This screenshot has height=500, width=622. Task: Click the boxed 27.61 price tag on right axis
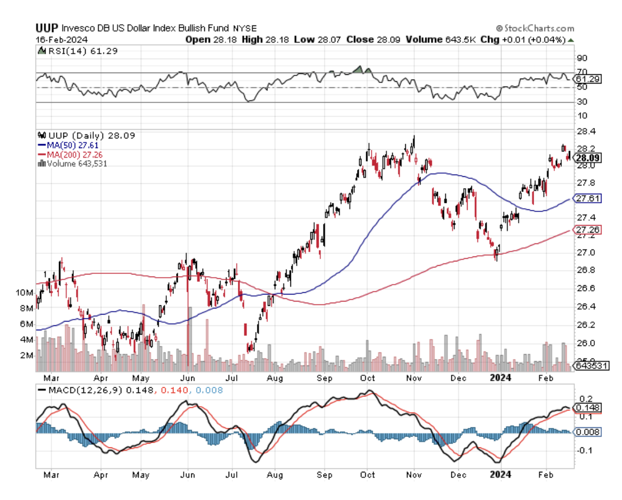coord(588,199)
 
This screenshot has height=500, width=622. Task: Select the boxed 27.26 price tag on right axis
coord(588,230)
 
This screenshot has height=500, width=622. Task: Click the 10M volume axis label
coord(24,293)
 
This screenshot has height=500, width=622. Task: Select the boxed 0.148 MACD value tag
coord(588,407)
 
